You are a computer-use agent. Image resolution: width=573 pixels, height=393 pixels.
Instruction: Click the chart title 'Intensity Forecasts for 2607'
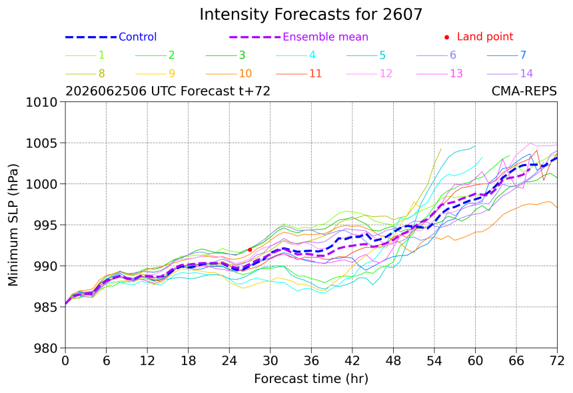click(311, 15)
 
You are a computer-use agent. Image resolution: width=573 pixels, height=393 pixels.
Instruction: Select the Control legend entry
click(111, 37)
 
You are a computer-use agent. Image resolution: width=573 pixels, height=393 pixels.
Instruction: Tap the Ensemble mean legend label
click(325, 37)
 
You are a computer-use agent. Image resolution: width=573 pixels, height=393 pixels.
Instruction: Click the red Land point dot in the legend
click(446, 37)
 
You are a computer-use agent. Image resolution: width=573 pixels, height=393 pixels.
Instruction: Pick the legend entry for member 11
click(298, 74)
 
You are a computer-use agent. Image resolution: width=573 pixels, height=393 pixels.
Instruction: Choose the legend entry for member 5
click(366, 55)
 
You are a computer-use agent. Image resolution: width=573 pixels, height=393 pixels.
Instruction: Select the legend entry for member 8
click(85, 74)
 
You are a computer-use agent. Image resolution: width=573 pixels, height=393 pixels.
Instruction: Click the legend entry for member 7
click(506, 55)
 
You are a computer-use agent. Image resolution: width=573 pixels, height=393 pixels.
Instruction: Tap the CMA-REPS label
click(524, 91)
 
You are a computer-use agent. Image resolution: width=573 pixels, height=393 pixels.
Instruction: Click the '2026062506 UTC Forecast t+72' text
click(168, 91)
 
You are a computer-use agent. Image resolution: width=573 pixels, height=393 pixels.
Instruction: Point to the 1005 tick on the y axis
click(42, 143)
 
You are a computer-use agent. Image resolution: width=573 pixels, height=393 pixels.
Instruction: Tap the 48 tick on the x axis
click(393, 361)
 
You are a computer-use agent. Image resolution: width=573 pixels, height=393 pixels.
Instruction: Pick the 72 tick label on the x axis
click(557, 361)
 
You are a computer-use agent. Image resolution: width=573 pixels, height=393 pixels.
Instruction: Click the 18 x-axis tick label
click(188, 361)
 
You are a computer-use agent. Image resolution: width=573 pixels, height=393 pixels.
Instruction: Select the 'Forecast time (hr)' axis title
click(311, 379)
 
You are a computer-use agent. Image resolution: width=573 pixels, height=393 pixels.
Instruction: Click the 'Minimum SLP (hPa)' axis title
click(13, 225)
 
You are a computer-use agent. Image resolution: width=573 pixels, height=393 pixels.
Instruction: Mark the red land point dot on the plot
click(250, 250)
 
